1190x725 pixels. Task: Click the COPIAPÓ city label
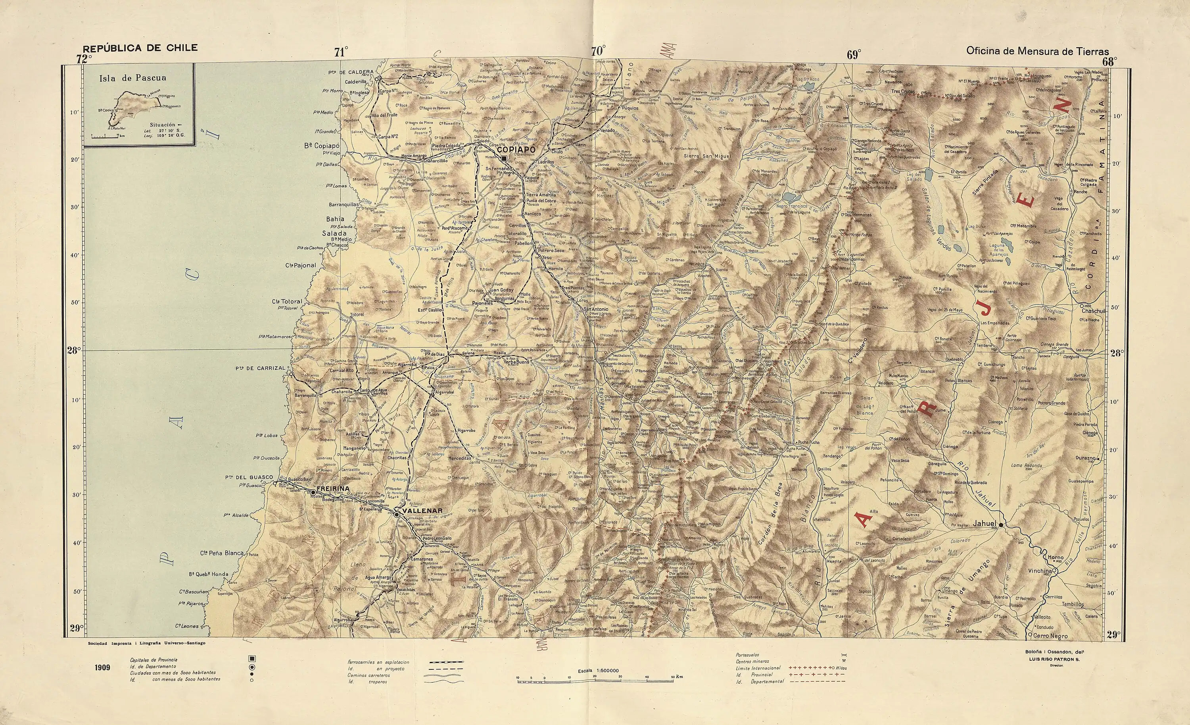(516, 150)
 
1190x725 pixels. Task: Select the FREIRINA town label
(333, 489)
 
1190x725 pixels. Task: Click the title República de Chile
(140, 48)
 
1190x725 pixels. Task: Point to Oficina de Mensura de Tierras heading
(1037, 51)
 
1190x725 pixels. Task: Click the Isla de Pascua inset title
(132, 78)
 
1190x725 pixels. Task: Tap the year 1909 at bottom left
(102, 667)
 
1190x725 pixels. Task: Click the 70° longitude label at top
(598, 51)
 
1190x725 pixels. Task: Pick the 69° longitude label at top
(853, 55)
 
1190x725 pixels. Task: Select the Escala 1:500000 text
(598, 671)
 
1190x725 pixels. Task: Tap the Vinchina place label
(1039, 571)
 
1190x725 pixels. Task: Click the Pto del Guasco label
(249, 478)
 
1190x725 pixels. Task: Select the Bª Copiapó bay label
(322, 145)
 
